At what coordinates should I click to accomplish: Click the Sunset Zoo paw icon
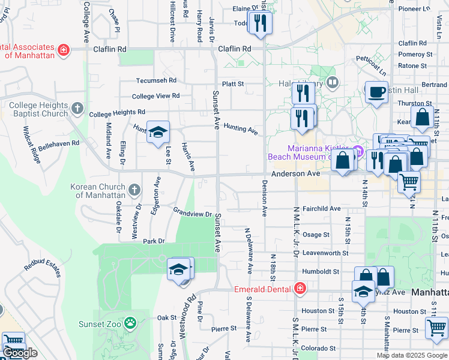pyautogui.click(x=130, y=324)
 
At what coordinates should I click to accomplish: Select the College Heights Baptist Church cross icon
pyautogui.click(x=77, y=109)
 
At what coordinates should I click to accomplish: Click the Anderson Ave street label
pyautogui.click(x=296, y=173)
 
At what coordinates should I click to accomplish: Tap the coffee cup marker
pyautogui.click(x=376, y=92)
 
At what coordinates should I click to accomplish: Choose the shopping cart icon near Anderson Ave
pyautogui.click(x=409, y=181)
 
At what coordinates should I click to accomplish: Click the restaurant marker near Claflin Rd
pyautogui.click(x=261, y=23)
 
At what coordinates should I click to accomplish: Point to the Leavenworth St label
pyautogui.click(x=325, y=253)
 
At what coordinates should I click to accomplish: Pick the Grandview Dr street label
pyautogui.click(x=193, y=212)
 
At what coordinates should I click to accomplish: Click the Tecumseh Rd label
pyautogui.click(x=157, y=80)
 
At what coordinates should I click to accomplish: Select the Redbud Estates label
pyautogui.click(x=43, y=268)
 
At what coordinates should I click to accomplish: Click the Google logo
pyautogui.click(x=20, y=353)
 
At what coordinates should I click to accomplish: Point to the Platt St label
pyautogui.click(x=234, y=85)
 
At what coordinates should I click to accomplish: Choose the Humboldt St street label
pyautogui.click(x=321, y=271)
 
